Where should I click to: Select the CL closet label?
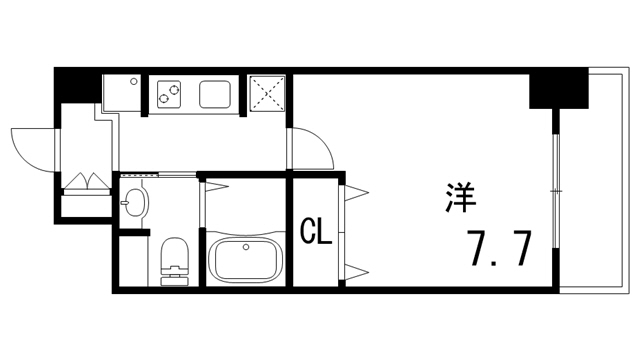click(316, 233)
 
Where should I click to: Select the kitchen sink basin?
click(217, 95)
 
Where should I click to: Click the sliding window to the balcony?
click(555, 180)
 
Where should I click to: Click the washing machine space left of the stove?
click(124, 94)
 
